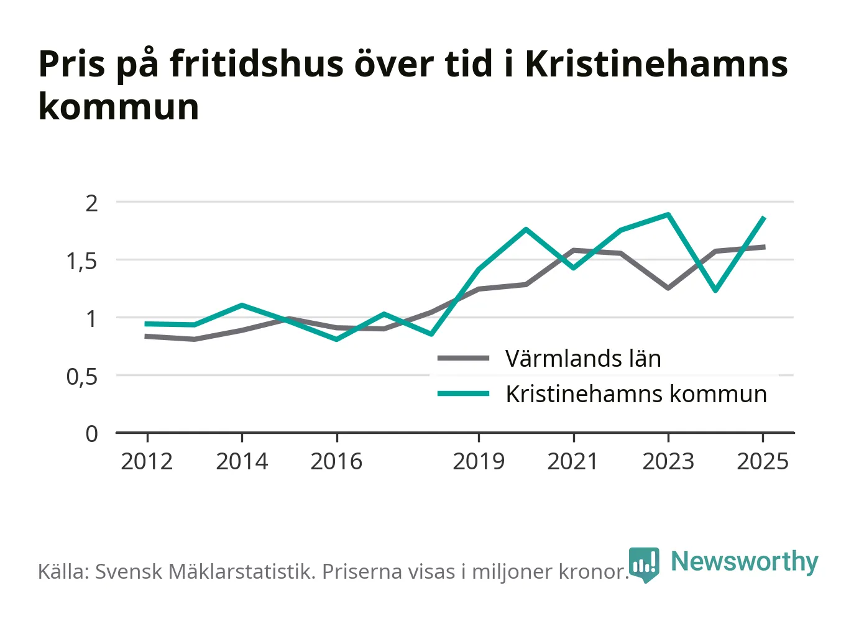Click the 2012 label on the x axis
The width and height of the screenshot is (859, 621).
tap(147, 461)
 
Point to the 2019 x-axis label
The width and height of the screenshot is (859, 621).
tap(479, 461)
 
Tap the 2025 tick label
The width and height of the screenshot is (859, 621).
tap(763, 461)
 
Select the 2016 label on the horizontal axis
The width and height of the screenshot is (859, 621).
tap(336, 461)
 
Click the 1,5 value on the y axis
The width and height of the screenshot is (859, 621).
tap(81, 262)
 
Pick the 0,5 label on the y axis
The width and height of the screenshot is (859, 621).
tap(81, 377)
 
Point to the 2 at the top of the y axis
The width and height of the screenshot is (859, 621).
tap(91, 204)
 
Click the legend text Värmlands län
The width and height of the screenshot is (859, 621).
tap(583, 359)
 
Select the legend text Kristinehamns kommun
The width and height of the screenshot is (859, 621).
tap(636, 394)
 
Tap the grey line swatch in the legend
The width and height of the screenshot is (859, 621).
tap(464, 358)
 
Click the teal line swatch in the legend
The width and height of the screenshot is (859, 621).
tap(464, 393)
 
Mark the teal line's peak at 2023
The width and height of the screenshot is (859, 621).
tap(668, 214)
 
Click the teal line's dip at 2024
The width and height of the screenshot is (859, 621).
tap(715, 290)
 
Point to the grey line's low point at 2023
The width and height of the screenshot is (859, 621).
tap(668, 288)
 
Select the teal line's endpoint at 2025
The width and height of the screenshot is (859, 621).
tap(765, 218)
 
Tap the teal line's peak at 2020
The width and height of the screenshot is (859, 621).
tap(526, 229)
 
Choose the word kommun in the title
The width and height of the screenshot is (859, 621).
tap(119, 106)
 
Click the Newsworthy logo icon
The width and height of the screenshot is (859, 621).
tap(644, 565)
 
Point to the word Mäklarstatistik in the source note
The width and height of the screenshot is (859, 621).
tap(242, 571)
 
